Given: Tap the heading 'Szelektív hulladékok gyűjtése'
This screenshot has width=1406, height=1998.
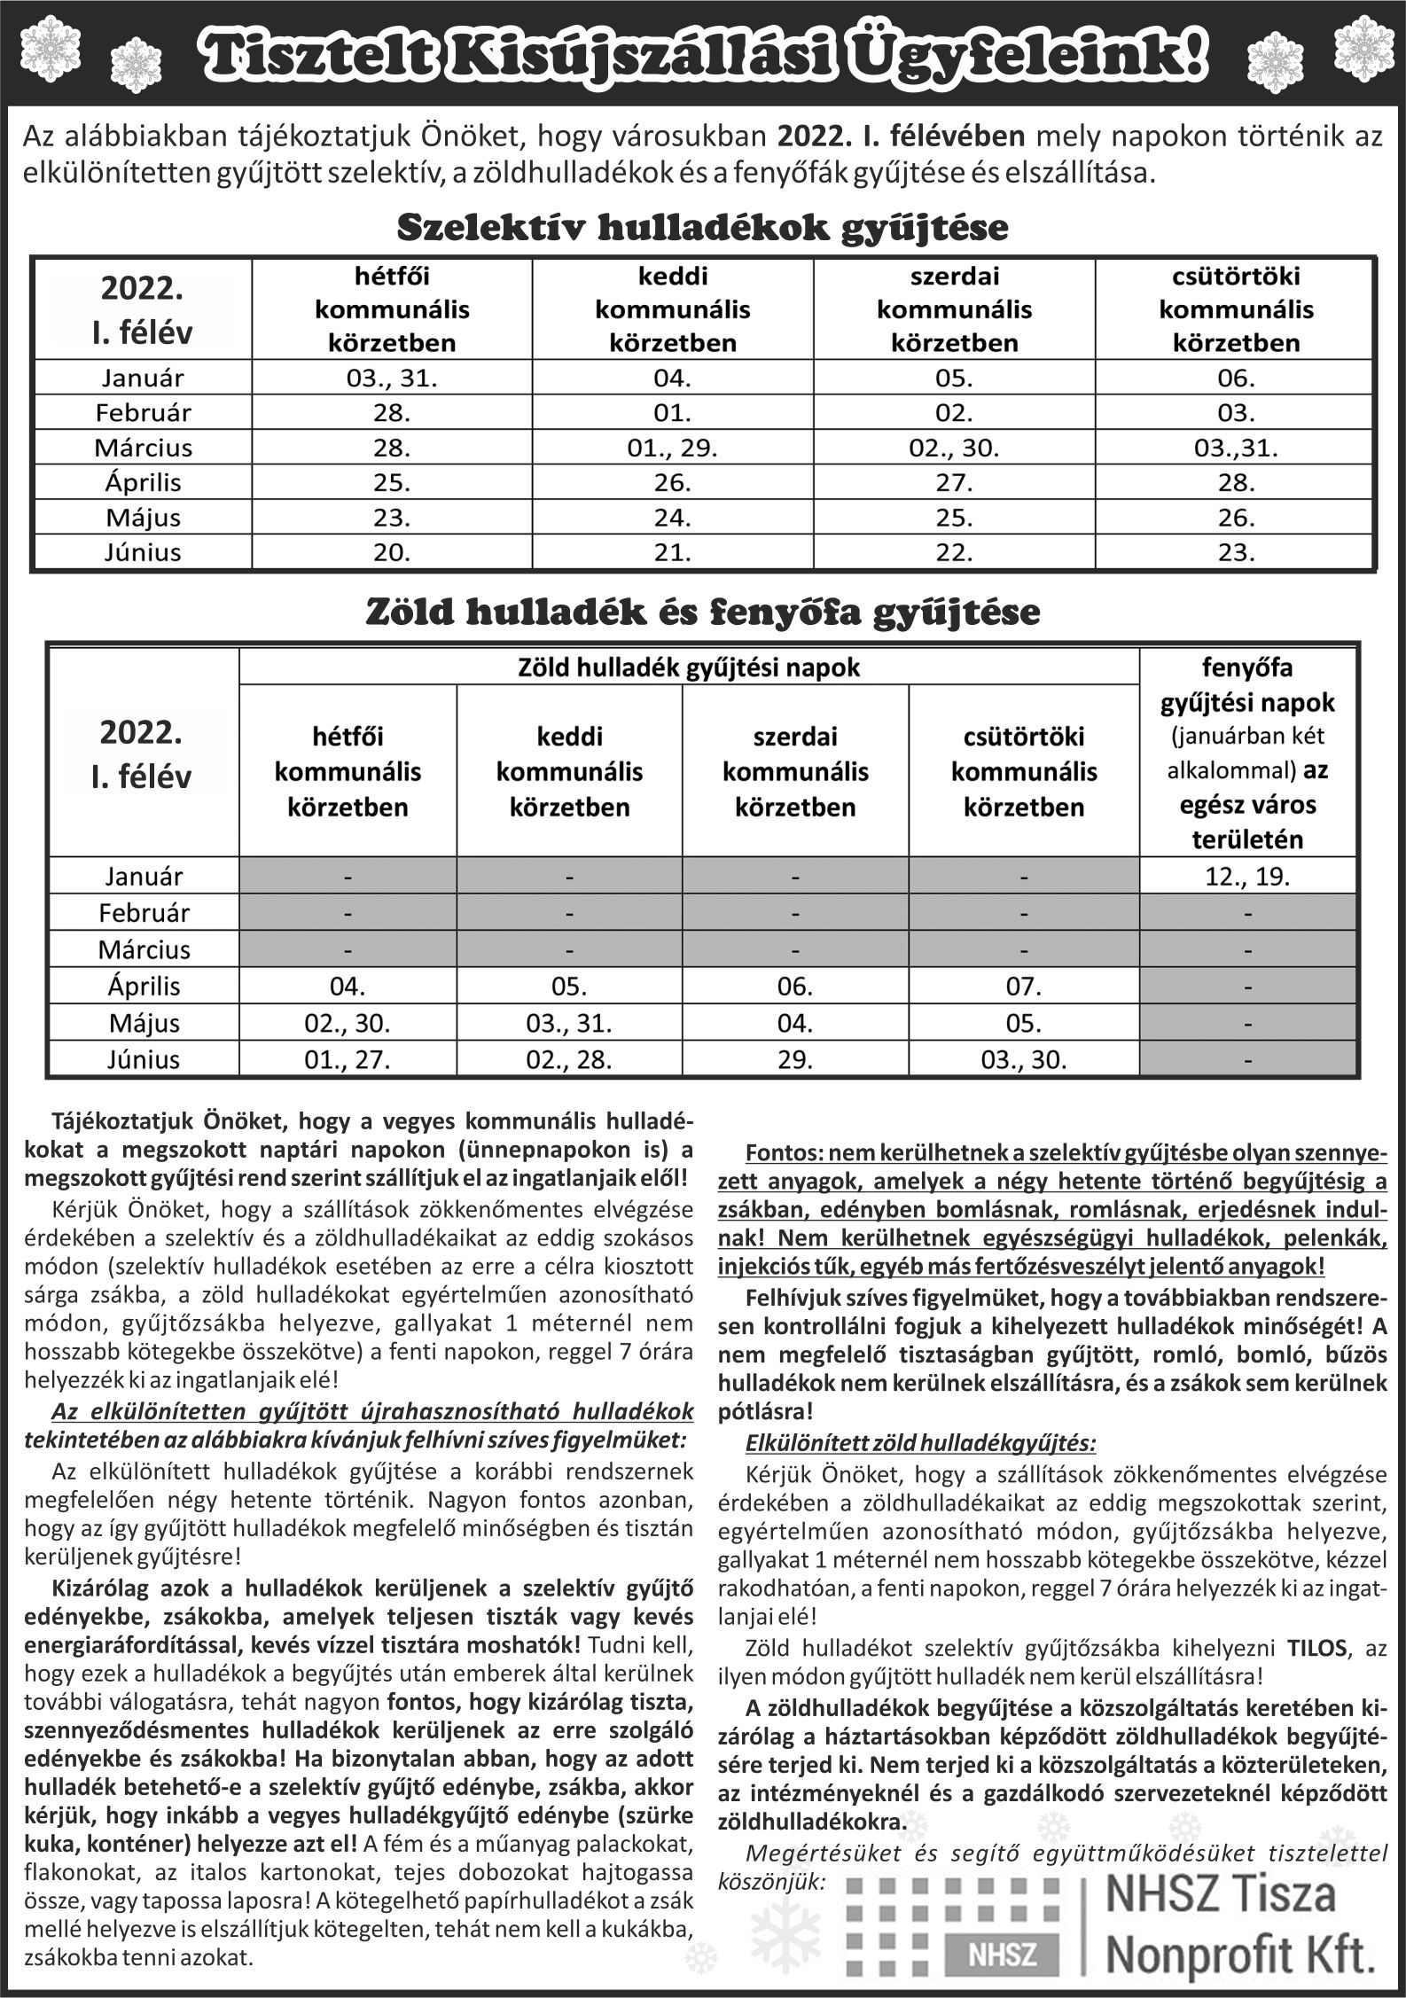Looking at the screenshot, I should [702, 228].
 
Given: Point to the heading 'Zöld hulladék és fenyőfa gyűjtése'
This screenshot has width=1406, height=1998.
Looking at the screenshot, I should [702, 613].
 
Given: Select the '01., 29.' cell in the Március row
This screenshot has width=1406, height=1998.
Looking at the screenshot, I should [672, 448].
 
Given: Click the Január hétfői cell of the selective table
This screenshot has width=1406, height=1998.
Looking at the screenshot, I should [392, 379].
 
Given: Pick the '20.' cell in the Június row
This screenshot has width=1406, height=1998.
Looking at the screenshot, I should [392, 552].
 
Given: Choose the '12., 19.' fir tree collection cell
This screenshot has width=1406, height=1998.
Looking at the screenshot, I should [1246, 877].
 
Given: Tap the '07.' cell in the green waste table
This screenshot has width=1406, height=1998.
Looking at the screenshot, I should [1023, 986].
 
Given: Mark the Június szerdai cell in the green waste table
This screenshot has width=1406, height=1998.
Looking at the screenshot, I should [794, 1059].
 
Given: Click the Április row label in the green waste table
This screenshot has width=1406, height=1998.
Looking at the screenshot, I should [144, 986].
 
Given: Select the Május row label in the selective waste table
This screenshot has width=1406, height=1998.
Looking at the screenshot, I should [143, 518].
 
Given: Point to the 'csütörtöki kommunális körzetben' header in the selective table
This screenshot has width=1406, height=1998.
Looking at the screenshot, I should [1236, 309].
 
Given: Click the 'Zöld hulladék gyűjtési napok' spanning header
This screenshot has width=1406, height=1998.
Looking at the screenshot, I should [688, 667].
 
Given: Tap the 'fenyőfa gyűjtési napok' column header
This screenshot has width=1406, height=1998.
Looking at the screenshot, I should [1246, 684].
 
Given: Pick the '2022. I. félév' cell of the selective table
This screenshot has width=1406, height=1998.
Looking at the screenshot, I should [142, 309].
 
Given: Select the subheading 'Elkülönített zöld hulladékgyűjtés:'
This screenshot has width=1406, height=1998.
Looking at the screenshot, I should [920, 1443].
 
